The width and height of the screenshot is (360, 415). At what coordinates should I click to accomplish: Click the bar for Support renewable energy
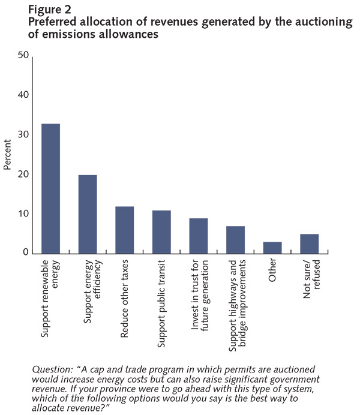tap(50, 188)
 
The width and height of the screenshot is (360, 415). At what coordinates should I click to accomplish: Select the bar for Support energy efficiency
tap(88, 214)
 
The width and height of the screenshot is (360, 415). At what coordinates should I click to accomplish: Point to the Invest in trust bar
tap(198, 236)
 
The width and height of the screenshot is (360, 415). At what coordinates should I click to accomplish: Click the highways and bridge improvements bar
tap(235, 239)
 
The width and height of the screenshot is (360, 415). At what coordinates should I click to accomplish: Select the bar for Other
tap(272, 247)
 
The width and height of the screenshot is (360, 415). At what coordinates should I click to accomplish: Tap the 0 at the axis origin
tap(26, 253)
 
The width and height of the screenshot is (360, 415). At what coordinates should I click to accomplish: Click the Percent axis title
tap(8, 154)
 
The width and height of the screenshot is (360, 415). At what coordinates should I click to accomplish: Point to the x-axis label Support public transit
tap(161, 298)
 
